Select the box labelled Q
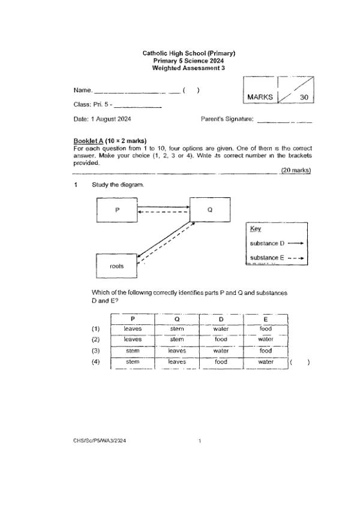pyautogui.click(x=209, y=210)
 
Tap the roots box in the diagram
pyautogui.click(x=116, y=266)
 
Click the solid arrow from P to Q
pyautogui.click(x=163, y=207)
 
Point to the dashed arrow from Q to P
pyautogui.click(x=163, y=212)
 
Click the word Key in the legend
pyautogui.click(x=255, y=229)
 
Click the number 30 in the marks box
pyautogui.click(x=304, y=97)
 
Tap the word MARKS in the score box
pyautogui.click(x=260, y=97)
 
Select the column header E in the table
pyautogui.click(x=265, y=318)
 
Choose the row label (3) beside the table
pyautogui.click(x=95, y=351)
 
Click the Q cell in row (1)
pyautogui.click(x=176, y=329)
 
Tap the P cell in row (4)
pyautogui.click(x=133, y=362)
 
